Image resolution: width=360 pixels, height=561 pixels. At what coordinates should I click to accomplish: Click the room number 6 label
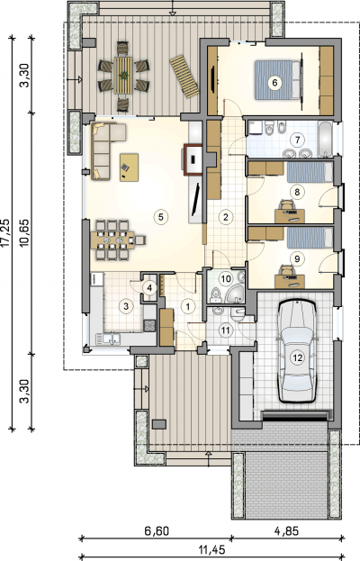[274, 83]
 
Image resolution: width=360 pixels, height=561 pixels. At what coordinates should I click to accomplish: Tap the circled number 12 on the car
[297, 357]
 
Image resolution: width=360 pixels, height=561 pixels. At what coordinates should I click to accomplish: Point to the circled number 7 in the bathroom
[297, 140]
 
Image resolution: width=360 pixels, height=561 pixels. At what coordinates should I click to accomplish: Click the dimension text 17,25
[5, 233]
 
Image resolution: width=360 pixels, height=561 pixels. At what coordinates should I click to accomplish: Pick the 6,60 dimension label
[157, 531]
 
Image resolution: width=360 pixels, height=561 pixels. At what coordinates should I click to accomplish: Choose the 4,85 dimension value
[286, 531]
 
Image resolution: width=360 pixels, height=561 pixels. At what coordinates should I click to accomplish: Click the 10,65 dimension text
[25, 233]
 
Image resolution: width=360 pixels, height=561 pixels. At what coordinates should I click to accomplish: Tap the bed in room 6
[277, 80]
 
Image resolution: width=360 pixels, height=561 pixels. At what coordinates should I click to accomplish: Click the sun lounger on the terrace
[184, 77]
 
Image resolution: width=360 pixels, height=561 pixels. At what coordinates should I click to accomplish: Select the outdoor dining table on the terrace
[123, 75]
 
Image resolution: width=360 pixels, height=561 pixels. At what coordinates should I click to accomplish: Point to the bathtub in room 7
[325, 140]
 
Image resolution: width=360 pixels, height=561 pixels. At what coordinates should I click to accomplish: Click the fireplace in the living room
[193, 159]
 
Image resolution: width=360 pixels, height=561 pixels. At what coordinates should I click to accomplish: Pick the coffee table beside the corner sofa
[129, 167]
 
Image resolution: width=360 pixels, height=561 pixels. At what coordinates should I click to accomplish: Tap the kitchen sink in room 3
[112, 339]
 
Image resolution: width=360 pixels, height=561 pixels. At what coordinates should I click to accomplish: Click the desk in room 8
[290, 216]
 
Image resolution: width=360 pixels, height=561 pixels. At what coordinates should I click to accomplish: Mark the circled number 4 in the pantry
[149, 287]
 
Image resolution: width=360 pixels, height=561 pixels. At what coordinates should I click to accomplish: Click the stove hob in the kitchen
[149, 326]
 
